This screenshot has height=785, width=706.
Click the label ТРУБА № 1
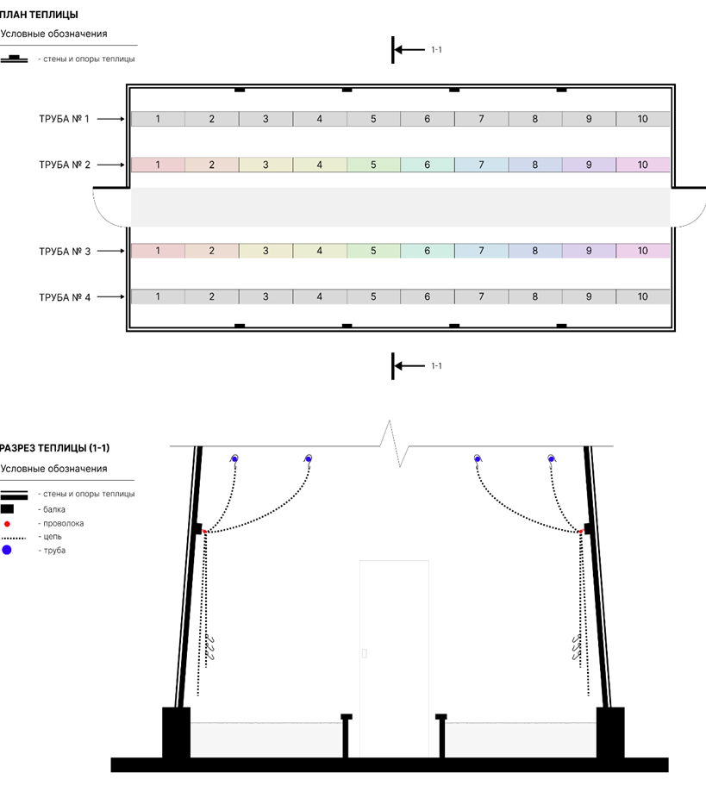pos(64,119)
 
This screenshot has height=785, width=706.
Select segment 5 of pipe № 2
pos(373,165)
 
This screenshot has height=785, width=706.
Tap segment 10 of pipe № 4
pos(643,297)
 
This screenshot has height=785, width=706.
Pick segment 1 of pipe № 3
pos(159,251)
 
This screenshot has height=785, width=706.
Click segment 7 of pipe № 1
pos(482,119)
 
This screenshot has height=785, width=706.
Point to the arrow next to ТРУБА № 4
pos(110,297)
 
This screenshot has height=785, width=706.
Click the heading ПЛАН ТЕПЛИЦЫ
pos(39,15)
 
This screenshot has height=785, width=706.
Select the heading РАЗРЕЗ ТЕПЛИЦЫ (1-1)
pos(54,448)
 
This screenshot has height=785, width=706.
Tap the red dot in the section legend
pos(7,524)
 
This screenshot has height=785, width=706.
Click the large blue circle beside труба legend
pos(7,551)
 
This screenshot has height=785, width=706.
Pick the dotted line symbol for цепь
pos(13,539)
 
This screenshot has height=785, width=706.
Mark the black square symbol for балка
pos(7,509)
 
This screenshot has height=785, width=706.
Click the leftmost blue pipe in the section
pos(234,459)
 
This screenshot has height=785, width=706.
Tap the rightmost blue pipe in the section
pos(552,458)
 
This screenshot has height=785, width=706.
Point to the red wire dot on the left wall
pos(205,532)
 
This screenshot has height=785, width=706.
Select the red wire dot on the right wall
pos(581,532)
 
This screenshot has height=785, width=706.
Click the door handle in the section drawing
pos(365,653)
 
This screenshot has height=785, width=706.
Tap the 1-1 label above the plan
pos(437,50)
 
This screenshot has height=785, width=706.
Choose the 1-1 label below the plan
pos(437,366)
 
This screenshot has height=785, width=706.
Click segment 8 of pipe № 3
pos(535,251)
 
